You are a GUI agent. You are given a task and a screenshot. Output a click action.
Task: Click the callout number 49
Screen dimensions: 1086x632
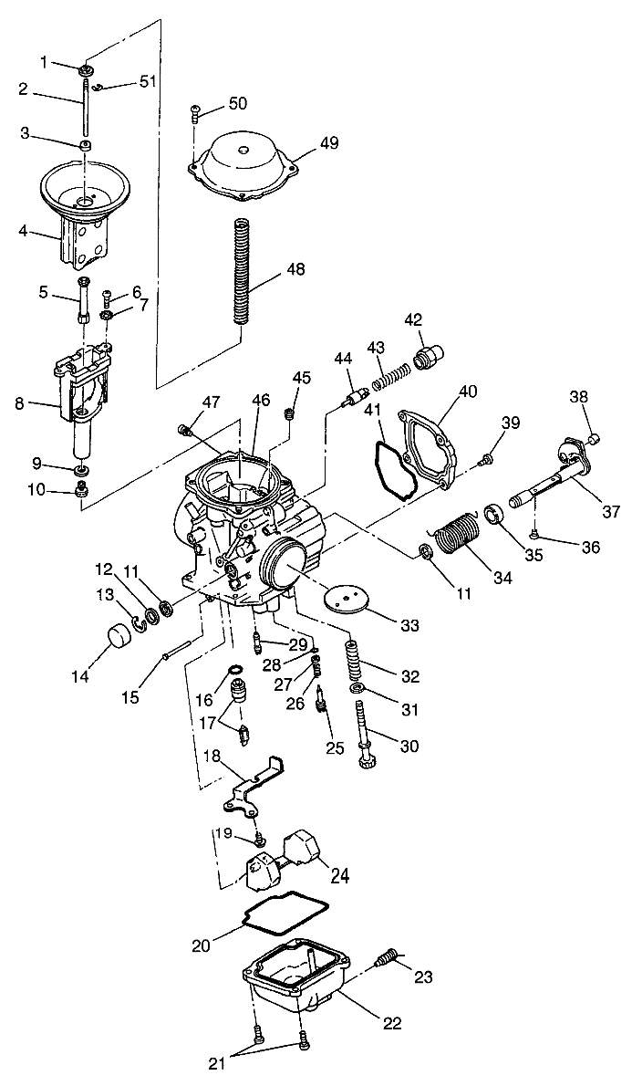[328, 142]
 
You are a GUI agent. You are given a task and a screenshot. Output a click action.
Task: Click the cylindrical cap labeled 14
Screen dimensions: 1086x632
[117, 634]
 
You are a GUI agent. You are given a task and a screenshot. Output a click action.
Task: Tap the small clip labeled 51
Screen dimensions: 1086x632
[103, 89]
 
